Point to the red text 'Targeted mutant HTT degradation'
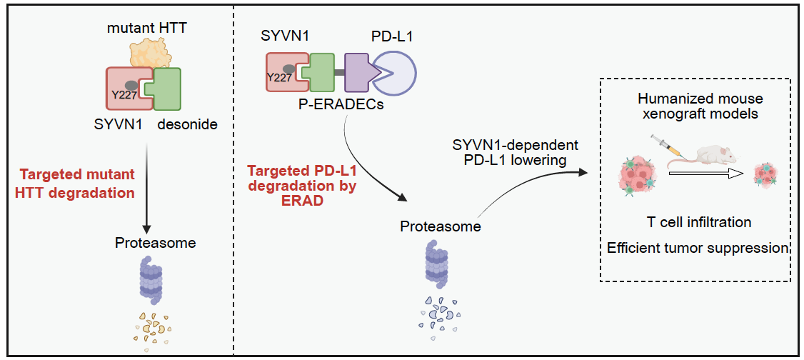coord(77,184)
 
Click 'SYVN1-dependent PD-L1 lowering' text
coord(516,153)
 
